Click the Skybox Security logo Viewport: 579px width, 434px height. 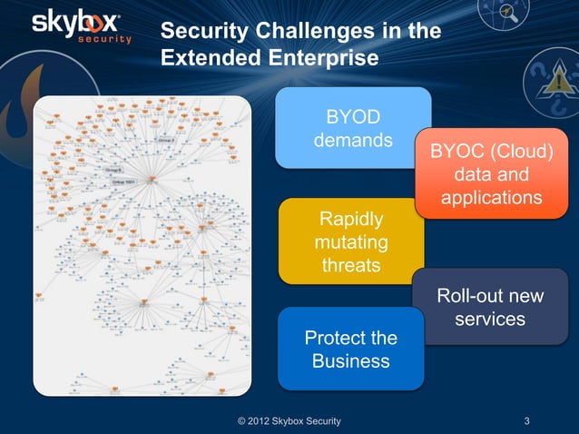click(82, 26)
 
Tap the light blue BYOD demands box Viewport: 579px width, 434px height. click(352, 128)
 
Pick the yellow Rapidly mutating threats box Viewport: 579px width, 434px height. click(350, 241)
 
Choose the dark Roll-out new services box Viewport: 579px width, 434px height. click(490, 308)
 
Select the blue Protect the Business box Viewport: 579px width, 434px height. click(350, 349)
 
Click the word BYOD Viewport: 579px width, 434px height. click(353, 117)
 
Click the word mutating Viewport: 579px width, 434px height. click(350, 243)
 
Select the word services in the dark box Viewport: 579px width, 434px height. click(490, 320)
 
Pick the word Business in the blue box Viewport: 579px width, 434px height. click(350, 361)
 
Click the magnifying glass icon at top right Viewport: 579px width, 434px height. click(509, 14)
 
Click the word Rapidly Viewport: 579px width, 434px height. click(350, 221)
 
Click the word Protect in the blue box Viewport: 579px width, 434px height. click(335, 338)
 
